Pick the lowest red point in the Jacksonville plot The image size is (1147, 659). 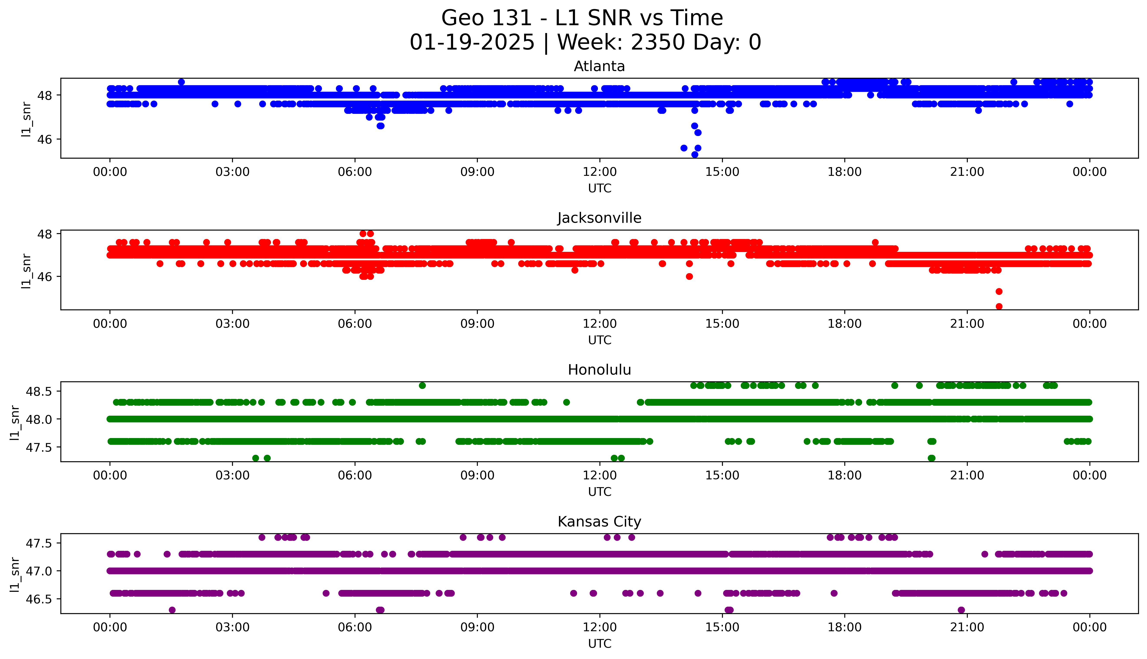999,306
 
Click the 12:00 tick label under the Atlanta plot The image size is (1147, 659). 599,172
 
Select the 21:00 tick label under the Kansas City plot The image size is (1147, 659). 967,627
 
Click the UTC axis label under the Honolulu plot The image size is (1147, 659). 599,491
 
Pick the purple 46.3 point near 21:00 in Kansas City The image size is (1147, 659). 961,610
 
